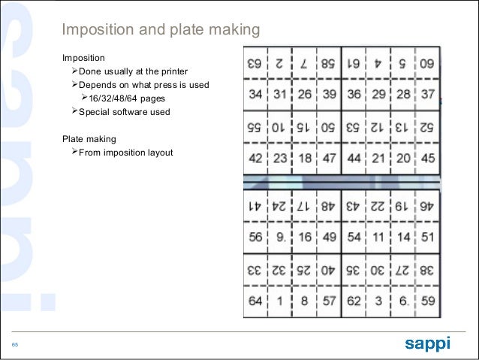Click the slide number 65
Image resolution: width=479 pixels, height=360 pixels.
tap(15, 345)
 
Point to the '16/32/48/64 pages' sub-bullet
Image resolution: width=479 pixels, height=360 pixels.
tap(129, 98)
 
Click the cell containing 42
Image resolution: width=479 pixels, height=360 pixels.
tap(256, 158)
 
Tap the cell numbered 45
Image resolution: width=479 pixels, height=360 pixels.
tap(427, 158)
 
